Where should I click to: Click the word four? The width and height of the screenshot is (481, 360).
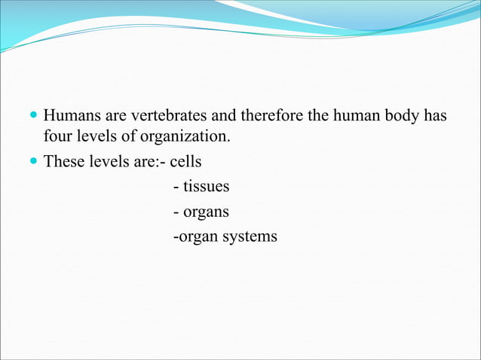(57, 139)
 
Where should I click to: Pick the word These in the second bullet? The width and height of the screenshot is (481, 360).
(64, 161)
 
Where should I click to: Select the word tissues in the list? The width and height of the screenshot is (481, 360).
(205, 186)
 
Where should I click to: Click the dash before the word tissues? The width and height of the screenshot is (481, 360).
(176, 186)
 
